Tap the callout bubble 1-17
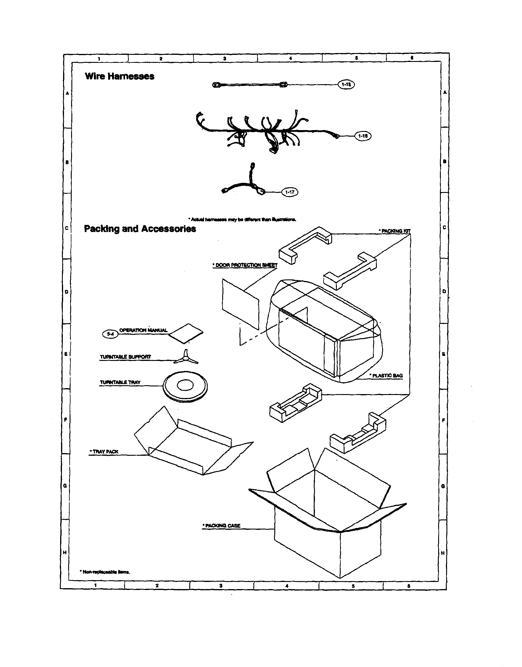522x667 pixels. point(289,192)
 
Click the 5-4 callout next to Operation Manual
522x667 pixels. point(110,334)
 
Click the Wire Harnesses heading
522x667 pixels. point(119,76)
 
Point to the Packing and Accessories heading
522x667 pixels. point(140,229)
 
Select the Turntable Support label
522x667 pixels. point(125,357)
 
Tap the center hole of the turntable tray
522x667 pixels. point(185,386)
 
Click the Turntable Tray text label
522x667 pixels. point(120,383)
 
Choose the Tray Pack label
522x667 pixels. point(104,452)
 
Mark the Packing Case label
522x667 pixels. point(222,526)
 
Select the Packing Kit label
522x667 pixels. point(395,231)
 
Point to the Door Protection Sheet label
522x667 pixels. point(245,265)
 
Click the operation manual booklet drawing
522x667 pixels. point(186,334)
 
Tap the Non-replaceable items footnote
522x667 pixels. point(105,572)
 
